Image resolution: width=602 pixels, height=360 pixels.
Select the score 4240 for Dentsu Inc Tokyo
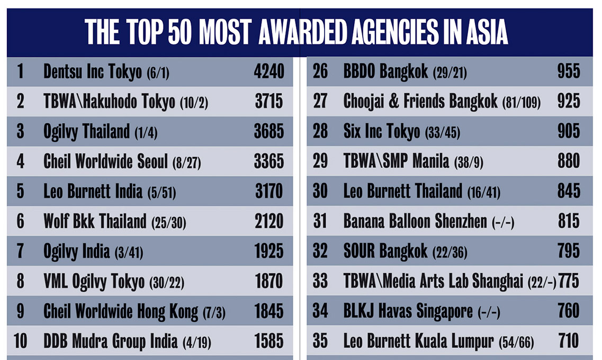269,71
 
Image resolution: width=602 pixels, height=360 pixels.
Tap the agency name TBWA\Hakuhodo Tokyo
109,102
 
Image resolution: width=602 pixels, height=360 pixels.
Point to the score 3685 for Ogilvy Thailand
269,131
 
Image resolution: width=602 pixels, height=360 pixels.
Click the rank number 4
20,161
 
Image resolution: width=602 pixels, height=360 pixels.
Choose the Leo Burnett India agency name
93,191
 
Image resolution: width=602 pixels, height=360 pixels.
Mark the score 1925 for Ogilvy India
269,251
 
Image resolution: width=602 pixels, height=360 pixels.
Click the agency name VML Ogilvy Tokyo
94,281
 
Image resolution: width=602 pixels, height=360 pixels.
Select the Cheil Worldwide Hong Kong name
121,311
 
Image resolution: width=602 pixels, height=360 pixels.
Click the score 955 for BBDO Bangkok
569,71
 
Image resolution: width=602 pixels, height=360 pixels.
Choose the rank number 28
320,131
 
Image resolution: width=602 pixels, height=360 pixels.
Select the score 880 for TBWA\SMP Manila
569,161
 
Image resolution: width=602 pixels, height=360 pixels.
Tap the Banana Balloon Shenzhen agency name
415,221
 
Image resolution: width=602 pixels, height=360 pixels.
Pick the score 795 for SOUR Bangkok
569,251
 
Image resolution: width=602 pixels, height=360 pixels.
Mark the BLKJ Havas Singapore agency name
408,311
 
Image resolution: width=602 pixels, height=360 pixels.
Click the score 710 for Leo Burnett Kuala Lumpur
569,341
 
